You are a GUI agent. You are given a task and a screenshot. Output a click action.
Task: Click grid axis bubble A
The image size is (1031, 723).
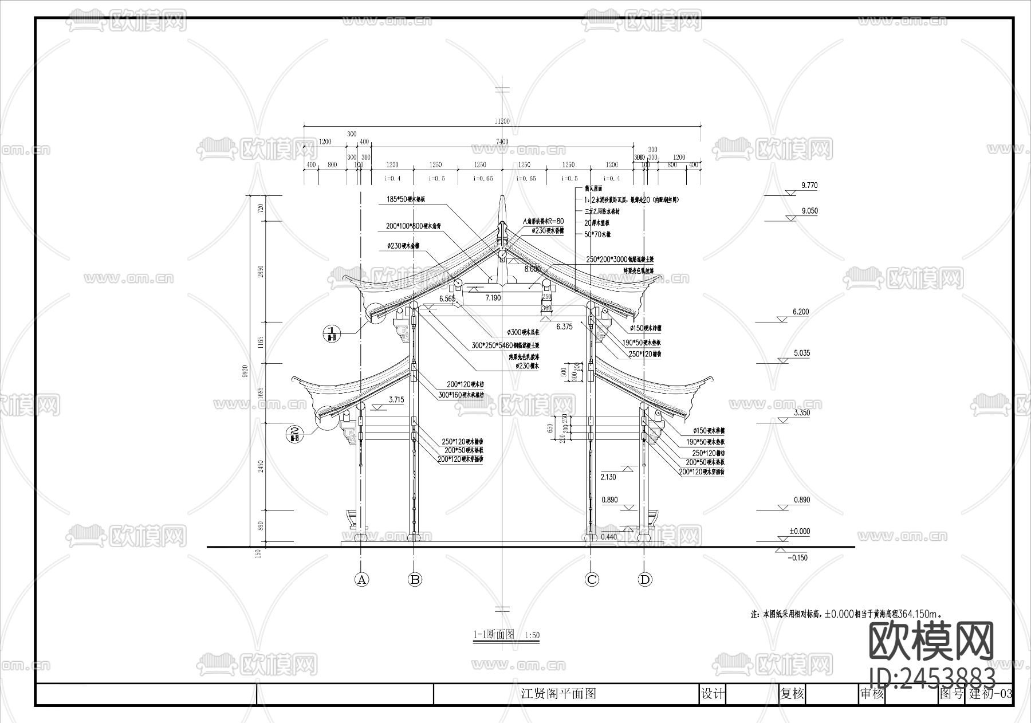(x=361, y=579)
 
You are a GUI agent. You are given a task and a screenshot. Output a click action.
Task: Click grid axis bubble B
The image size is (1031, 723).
(x=415, y=579)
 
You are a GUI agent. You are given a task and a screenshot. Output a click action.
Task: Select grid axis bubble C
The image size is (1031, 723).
(x=592, y=579)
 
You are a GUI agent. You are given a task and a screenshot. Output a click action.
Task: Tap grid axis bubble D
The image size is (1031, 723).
(x=645, y=579)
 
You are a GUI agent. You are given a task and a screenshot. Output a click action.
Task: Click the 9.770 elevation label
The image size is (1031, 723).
(x=809, y=186)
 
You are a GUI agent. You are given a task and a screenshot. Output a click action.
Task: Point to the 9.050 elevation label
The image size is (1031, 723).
(x=809, y=211)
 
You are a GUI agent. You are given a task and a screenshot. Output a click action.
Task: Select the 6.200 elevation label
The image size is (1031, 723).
(x=801, y=312)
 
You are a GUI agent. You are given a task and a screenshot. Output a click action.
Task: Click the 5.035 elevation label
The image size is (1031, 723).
(x=801, y=353)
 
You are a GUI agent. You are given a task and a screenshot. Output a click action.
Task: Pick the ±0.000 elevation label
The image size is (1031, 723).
(x=799, y=532)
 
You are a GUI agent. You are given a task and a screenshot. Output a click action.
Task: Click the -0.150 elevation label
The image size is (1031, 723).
(x=798, y=558)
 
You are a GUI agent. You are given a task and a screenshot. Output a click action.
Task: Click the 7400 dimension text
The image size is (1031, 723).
(x=502, y=142)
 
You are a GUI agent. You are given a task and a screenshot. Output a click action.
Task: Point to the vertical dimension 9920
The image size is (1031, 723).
(x=261, y=370)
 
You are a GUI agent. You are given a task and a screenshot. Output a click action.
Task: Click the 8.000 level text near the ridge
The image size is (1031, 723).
(x=532, y=269)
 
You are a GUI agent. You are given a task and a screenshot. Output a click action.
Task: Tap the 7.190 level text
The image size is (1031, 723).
(x=493, y=298)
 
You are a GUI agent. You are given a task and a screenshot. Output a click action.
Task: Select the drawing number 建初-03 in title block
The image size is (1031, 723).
(x=990, y=694)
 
